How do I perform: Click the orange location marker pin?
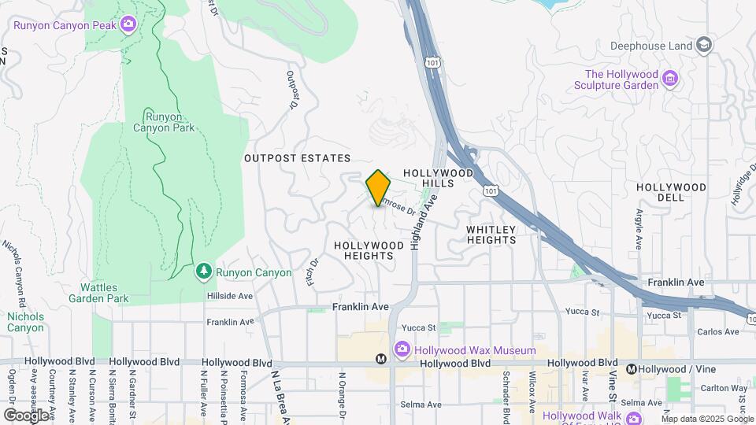point(378,187)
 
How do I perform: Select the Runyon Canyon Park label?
point(163,121)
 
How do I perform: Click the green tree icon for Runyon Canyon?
point(204,272)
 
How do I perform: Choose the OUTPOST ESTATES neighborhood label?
point(297,158)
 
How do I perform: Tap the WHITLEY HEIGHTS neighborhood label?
point(491,235)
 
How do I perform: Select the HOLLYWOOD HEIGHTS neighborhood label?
point(369,250)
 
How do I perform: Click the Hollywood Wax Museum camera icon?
point(402,349)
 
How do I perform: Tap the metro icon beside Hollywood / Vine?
point(632,368)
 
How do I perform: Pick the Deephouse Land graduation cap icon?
point(704,45)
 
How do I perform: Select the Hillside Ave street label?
point(230,296)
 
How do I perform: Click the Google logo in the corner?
point(27,415)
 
